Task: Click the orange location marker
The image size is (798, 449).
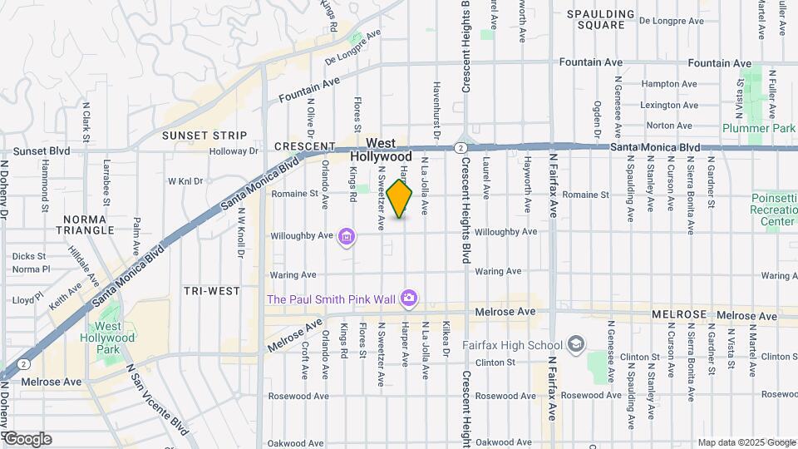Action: coord(400,199)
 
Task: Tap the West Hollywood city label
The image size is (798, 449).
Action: coord(381,150)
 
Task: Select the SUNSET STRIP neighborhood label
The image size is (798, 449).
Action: coord(204,135)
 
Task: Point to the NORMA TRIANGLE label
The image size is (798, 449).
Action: coord(86,224)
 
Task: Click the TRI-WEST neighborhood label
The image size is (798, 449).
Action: coord(212,291)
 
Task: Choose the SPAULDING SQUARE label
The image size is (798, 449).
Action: coord(607,19)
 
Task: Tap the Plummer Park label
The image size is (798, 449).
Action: coord(754,128)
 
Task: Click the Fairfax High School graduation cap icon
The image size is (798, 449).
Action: coord(575,345)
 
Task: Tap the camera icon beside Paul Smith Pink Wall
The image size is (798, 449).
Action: coord(408,298)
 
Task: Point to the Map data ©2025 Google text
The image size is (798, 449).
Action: coord(746,442)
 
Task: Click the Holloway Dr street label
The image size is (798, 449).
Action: coord(234,151)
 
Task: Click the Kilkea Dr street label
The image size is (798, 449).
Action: coord(446,341)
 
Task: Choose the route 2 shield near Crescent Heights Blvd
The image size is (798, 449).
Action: coord(460,147)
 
